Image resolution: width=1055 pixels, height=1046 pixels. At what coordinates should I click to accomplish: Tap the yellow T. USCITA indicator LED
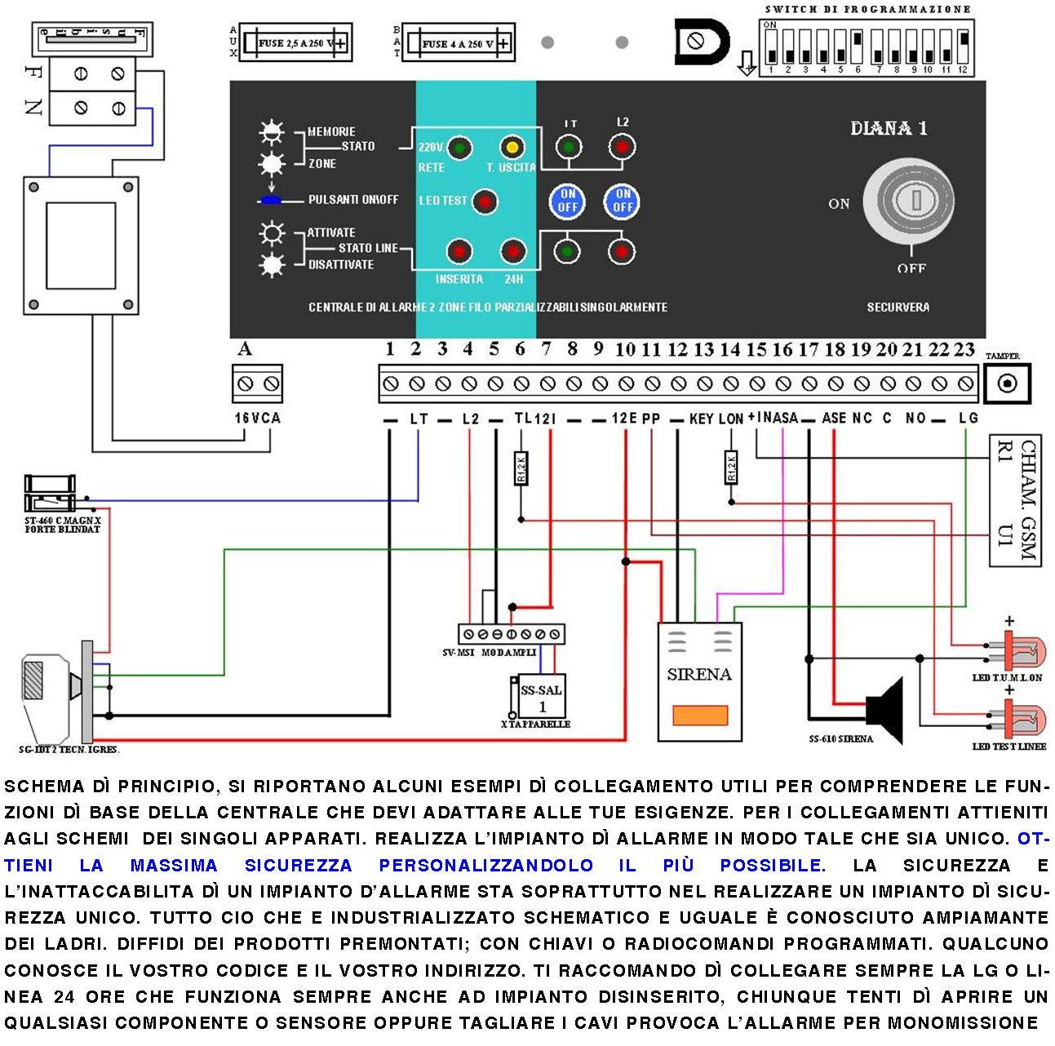512,148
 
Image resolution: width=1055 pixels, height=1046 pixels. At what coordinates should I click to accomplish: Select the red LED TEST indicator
485,201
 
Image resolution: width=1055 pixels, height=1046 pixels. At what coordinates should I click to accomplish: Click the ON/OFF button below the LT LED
568,201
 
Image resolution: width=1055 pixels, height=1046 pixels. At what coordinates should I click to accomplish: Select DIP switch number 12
964,47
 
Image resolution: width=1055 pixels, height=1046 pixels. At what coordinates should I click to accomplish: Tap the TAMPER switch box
1007,383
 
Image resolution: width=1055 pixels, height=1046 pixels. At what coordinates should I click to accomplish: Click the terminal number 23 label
964,349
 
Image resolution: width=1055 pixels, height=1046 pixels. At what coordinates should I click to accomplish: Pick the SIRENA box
700,681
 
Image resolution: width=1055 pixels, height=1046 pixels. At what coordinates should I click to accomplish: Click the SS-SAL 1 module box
541,698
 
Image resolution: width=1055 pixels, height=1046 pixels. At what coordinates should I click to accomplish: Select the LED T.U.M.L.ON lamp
1020,653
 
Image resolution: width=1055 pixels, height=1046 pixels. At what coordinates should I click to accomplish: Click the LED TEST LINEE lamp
1020,722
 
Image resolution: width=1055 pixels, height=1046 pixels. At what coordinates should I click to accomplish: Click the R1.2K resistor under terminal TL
521,468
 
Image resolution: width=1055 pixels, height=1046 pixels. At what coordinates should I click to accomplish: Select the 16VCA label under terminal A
257,418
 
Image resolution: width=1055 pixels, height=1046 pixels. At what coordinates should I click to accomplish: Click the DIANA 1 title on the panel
888,128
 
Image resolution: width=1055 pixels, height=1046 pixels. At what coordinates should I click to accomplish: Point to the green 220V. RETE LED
459,148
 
